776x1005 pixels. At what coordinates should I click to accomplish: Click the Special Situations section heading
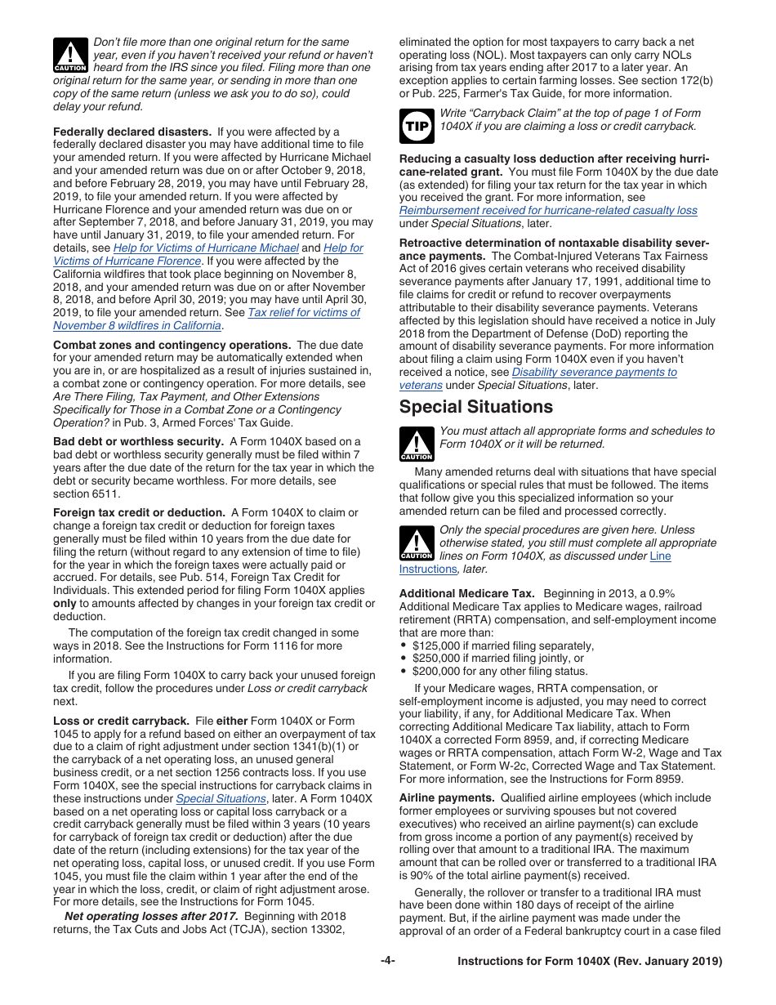tap(475, 407)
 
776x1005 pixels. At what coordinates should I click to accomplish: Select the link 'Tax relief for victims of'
tap(303, 312)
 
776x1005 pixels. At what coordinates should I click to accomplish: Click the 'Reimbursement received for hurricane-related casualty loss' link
tap(548, 210)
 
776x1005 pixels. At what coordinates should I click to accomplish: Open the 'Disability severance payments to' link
tap(594, 372)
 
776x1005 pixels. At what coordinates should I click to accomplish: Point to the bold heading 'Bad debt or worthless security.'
tap(138, 441)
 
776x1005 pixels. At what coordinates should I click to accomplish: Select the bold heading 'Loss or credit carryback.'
tap(121, 721)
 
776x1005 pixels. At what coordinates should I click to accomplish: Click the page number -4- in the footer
tap(387, 961)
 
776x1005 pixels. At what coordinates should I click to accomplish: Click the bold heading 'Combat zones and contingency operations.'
tap(172, 345)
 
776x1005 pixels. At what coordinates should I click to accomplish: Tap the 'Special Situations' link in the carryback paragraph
tap(221, 798)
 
